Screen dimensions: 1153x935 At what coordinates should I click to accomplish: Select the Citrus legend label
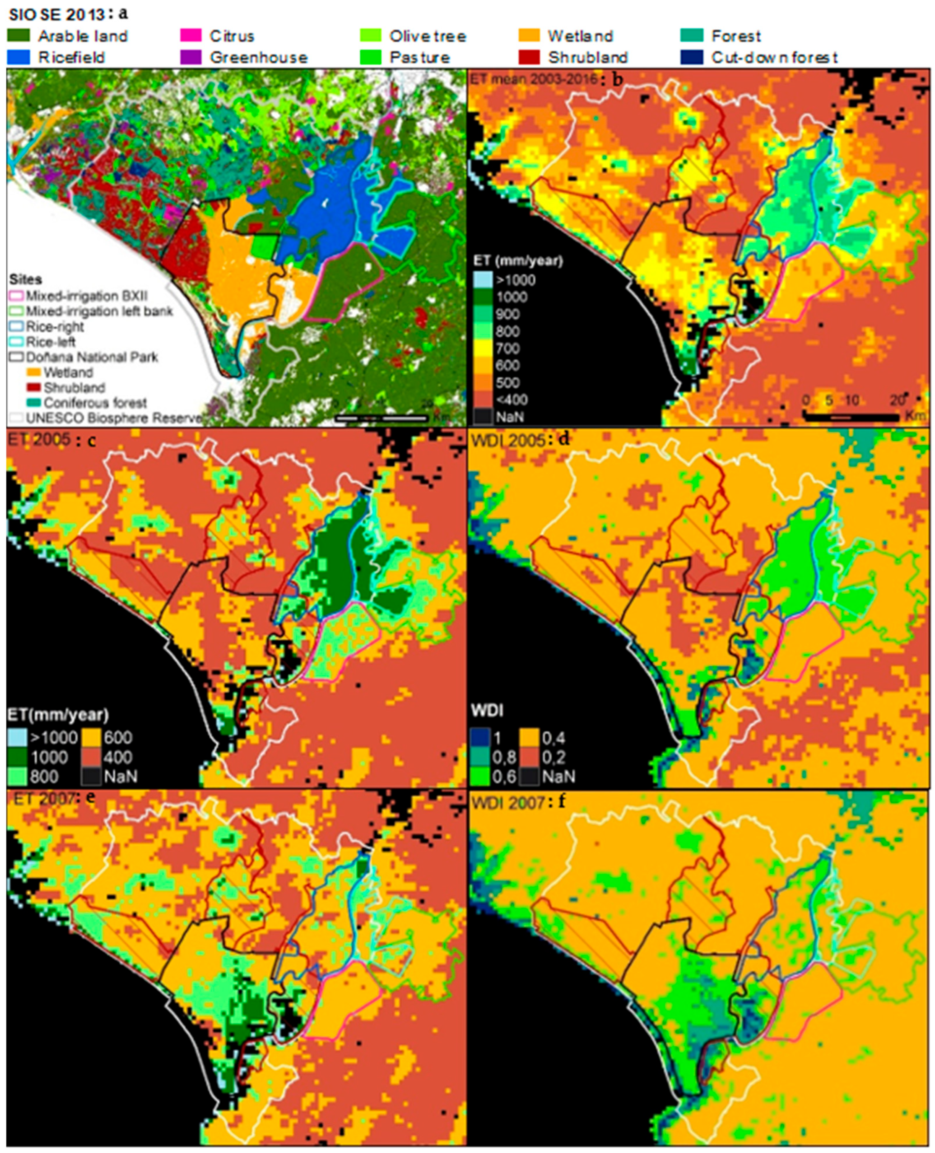tap(232, 36)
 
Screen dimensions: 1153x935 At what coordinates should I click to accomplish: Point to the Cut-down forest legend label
tap(774, 57)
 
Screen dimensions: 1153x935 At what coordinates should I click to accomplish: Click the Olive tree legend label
tap(428, 36)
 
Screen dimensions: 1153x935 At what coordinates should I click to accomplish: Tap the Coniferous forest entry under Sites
tap(95, 402)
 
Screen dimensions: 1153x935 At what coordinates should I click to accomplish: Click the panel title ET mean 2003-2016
tap(533, 79)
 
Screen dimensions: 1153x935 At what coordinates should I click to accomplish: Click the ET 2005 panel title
tap(39, 439)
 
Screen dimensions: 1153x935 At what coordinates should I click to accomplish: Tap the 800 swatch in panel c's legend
tap(17, 777)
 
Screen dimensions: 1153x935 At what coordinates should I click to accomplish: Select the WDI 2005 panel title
tap(508, 440)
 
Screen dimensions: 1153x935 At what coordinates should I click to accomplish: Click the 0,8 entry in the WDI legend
tap(504, 757)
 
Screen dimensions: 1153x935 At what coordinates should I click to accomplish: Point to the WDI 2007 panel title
tap(508, 803)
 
